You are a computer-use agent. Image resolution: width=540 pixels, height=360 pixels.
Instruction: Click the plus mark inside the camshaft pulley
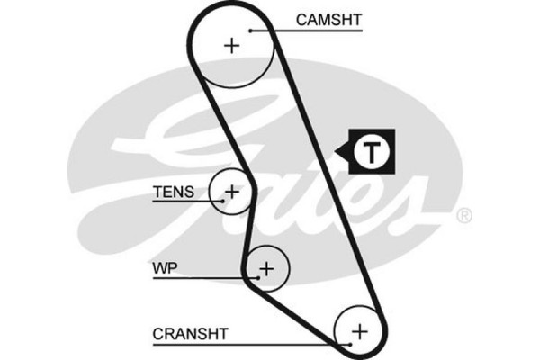click(233, 45)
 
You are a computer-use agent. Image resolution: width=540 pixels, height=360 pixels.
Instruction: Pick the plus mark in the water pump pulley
click(266, 267)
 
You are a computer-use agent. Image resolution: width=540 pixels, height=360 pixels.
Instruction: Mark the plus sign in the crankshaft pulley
click(360, 332)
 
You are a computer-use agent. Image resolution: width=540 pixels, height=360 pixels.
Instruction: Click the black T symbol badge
click(371, 151)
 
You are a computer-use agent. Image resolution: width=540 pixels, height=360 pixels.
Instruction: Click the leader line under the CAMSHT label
click(306, 30)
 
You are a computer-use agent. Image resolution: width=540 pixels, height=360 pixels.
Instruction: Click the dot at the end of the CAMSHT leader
click(252, 30)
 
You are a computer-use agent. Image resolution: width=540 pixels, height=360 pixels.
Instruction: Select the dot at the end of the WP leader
click(257, 277)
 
